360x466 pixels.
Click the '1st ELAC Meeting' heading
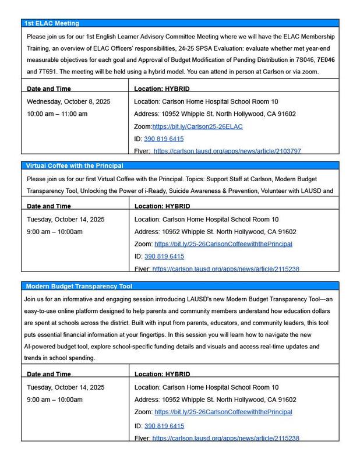click(52, 23)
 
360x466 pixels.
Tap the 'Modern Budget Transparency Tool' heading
click(79, 286)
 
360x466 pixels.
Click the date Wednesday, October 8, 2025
click(66, 101)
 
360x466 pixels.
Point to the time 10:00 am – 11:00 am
click(57, 114)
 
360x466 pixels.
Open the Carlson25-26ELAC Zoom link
click(197, 126)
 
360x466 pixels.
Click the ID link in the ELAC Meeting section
click(164, 139)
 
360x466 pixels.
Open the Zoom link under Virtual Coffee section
click(223, 244)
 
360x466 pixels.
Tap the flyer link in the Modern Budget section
click(225, 438)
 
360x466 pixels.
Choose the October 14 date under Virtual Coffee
click(66, 220)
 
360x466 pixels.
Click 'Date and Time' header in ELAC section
click(49, 89)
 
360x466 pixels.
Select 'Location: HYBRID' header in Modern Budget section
click(162, 374)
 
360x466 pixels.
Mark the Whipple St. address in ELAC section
click(215, 114)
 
